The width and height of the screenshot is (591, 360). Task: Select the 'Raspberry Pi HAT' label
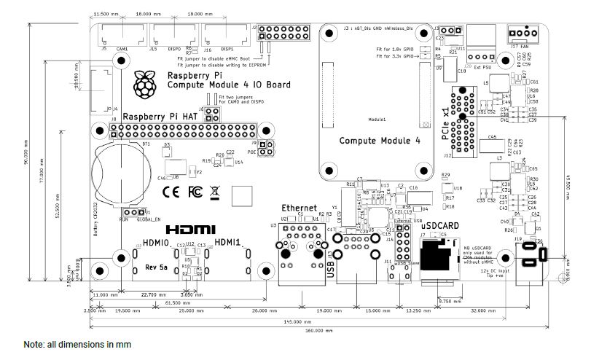pyautogui.click(x=158, y=116)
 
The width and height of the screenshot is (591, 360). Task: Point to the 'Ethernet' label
pyautogui.click(x=300, y=207)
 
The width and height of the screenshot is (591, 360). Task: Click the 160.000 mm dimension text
pyautogui.click(x=314, y=331)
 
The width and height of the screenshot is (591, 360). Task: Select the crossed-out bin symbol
pyautogui.click(x=214, y=192)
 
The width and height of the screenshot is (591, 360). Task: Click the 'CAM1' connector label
pyautogui.click(x=121, y=48)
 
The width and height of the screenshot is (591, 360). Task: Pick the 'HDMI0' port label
pyautogui.click(x=156, y=243)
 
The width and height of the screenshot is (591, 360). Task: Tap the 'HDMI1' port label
pyautogui.click(x=228, y=243)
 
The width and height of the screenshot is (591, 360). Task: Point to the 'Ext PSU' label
pyautogui.click(x=482, y=70)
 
